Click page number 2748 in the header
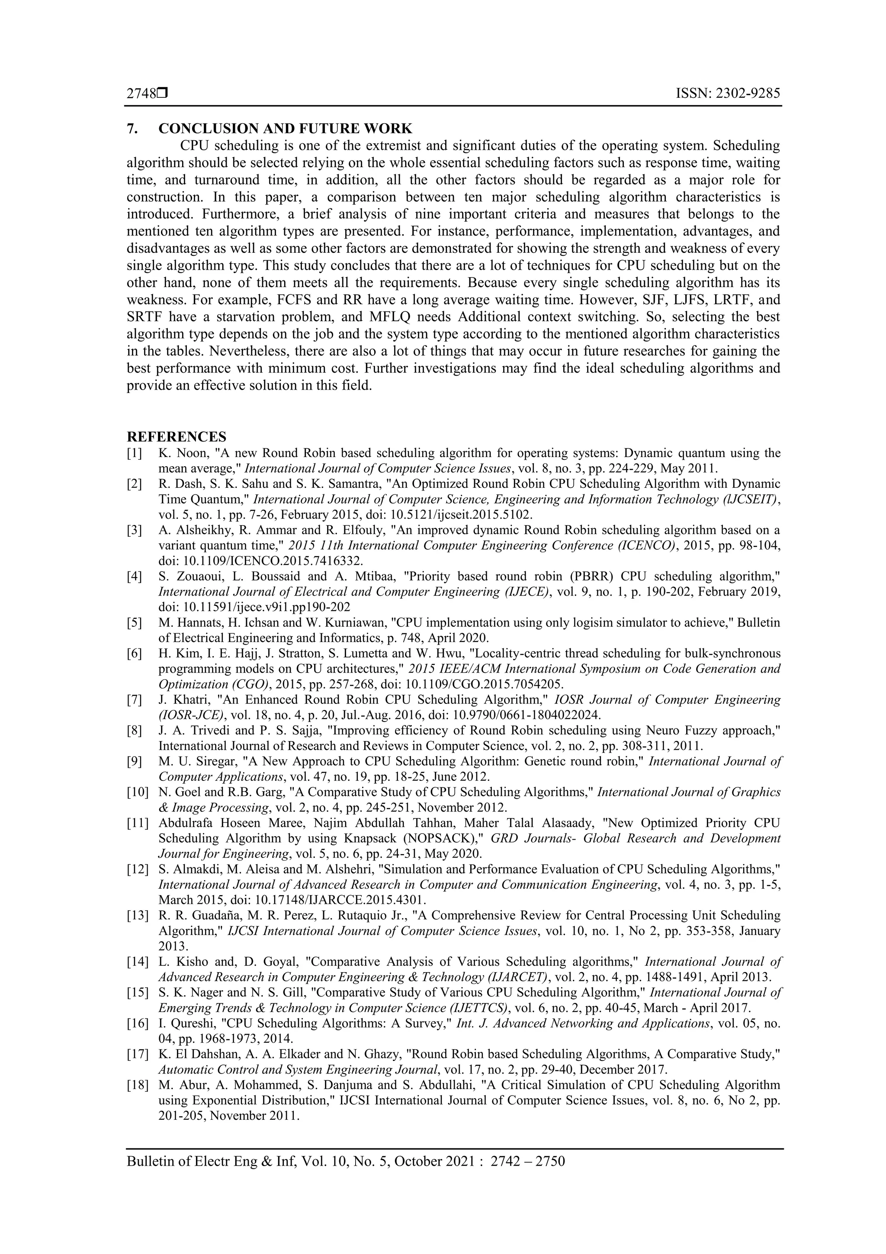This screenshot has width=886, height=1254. [x=141, y=94]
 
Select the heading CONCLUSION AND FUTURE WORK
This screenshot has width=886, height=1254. [x=285, y=129]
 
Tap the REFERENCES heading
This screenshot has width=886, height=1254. [x=177, y=437]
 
